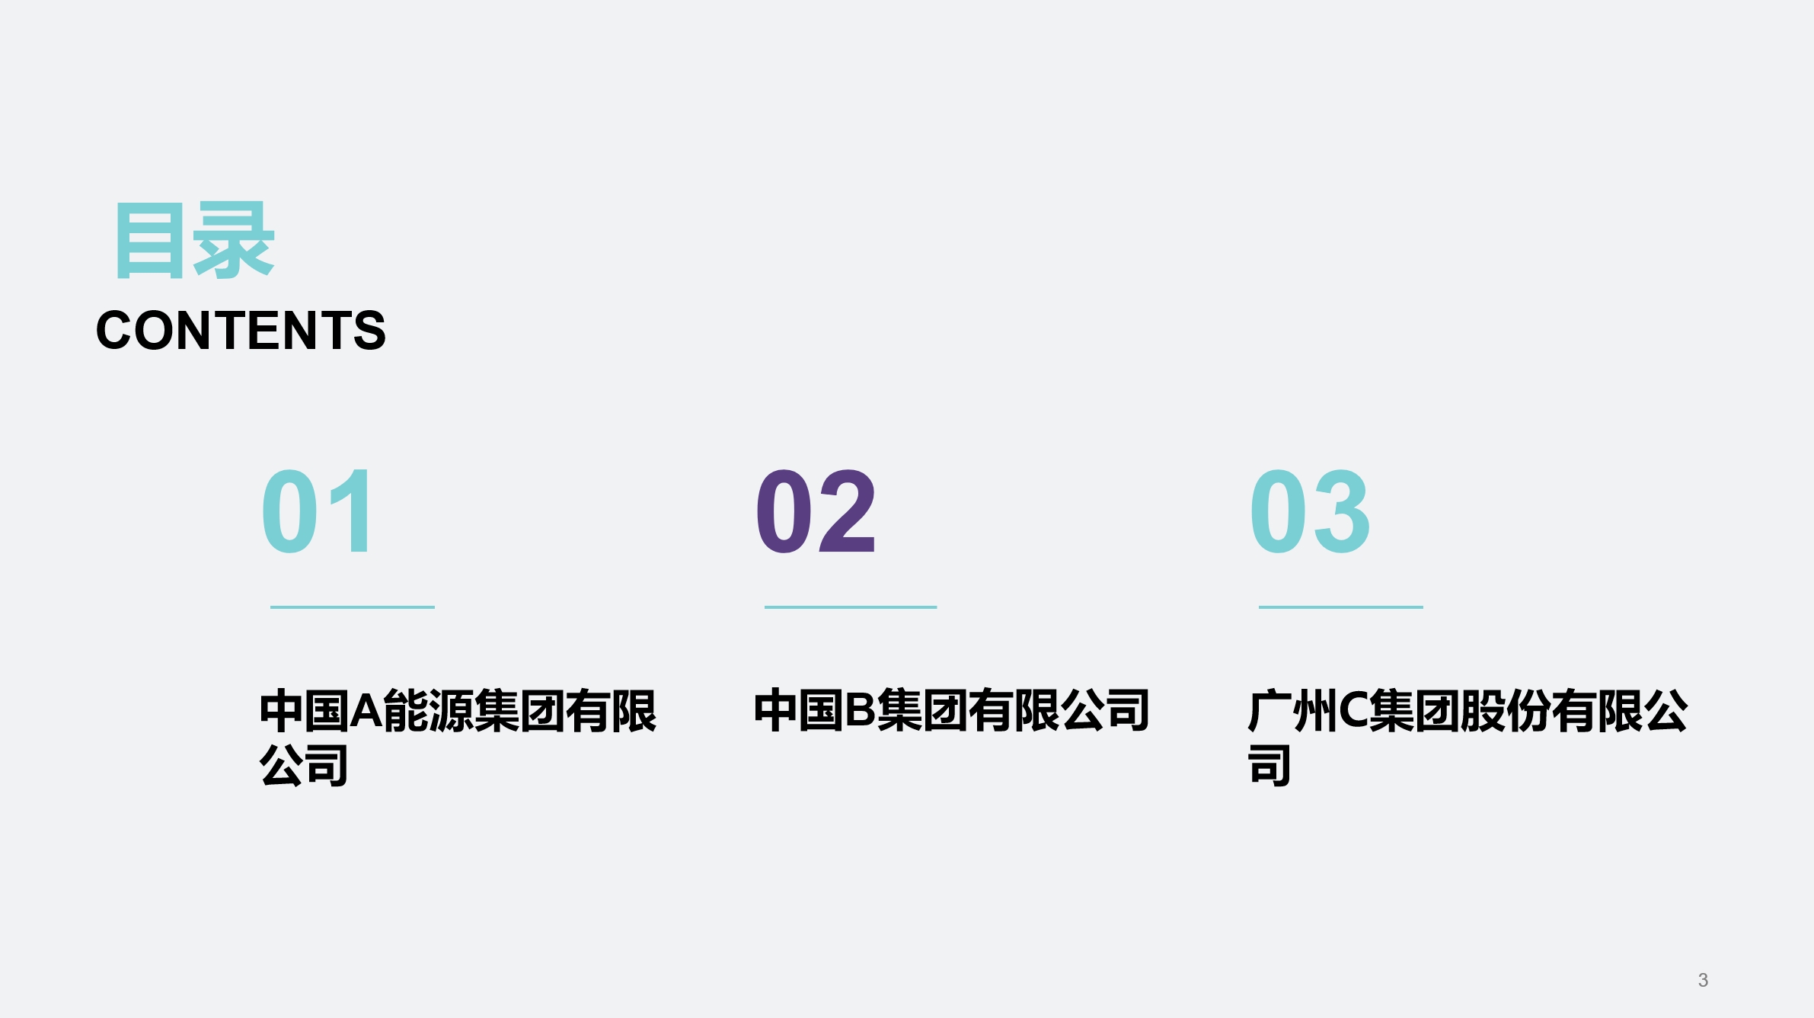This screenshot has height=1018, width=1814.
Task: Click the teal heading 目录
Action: [194, 241]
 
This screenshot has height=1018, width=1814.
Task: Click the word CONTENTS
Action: [241, 331]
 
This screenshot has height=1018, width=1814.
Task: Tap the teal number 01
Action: [318, 511]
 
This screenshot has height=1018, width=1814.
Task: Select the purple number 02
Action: [816, 511]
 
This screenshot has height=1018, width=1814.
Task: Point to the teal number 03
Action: [1310, 511]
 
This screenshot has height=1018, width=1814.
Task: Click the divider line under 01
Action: [352, 607]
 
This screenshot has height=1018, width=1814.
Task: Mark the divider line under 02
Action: [850, 607]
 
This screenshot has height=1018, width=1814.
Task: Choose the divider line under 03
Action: [1340, 607]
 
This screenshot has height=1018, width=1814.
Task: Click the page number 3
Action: [1703, 980]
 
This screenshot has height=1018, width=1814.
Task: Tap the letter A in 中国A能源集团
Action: [366, 711]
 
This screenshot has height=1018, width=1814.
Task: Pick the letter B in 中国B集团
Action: [861, 711]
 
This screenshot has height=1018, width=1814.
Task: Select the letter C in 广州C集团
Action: [1353, 711]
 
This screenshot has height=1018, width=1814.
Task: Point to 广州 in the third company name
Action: [1292, 711]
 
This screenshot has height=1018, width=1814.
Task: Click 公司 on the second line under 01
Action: [304, 765]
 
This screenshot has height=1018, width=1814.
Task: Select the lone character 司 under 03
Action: [1269, 765]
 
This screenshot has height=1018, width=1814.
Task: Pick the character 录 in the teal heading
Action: [233, 241]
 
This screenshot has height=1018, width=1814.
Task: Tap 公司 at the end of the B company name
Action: [1105, 711]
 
